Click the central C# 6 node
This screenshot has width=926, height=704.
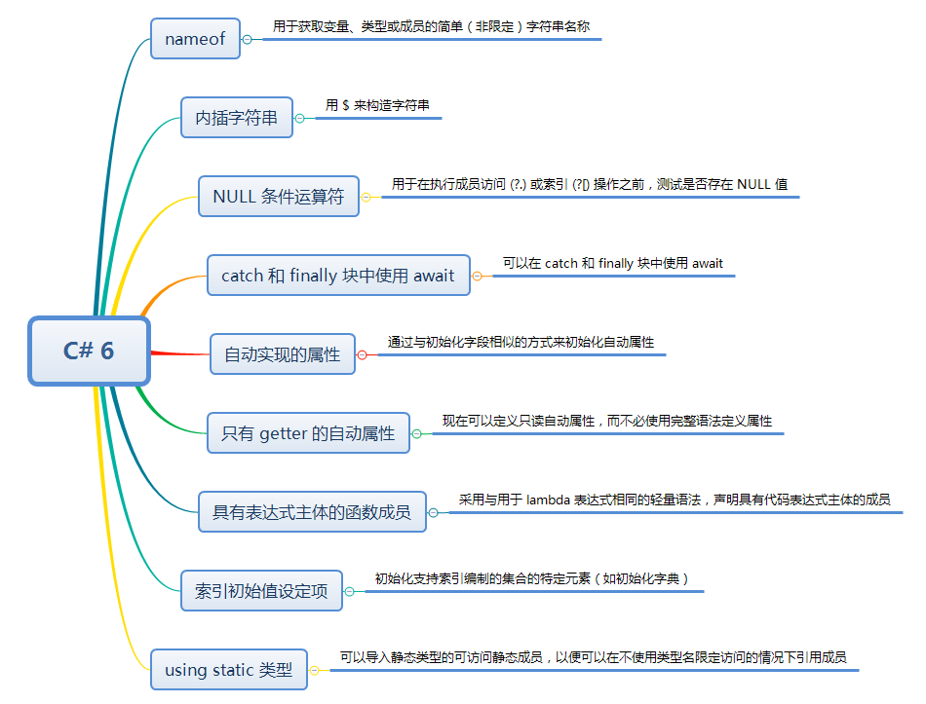(89, 351)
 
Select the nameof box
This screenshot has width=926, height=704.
(195, 39)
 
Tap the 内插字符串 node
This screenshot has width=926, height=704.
(237, 118)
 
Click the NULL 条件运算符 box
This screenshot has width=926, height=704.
(279, 197)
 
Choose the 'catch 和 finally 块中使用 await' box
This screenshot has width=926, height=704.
(338, 276)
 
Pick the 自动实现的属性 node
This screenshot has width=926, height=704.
(283, 354)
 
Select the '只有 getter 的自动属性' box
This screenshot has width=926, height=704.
(308, 433)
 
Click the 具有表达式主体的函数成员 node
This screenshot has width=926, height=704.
(312, 511)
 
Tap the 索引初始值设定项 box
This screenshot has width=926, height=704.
(261, 590)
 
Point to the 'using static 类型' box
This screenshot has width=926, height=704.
(228, 670)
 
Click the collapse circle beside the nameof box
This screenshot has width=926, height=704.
(247, 39)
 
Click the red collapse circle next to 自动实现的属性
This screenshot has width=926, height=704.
(362, 354)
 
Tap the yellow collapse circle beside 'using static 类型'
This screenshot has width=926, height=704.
(314, 670)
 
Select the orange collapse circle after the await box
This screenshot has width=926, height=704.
(477, 276)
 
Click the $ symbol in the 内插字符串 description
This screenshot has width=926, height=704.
(346, 105)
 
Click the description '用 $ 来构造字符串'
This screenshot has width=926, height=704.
(377, 105)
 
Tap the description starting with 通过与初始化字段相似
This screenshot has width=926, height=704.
(521, 342)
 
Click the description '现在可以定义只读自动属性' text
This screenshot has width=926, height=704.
(606, 421)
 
